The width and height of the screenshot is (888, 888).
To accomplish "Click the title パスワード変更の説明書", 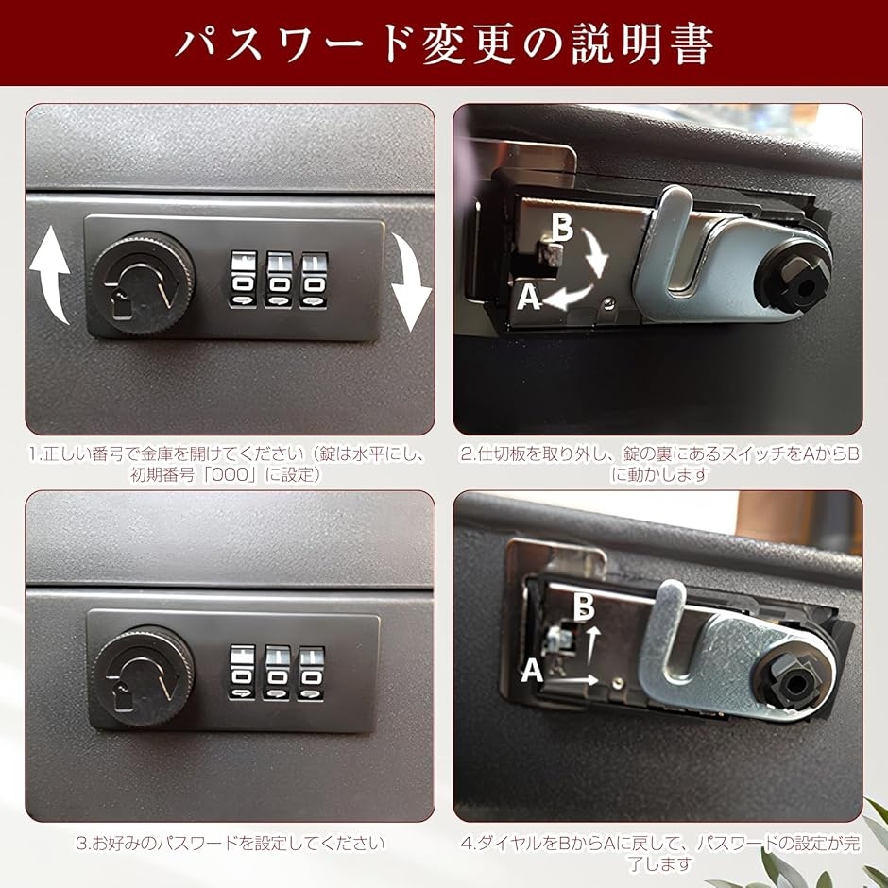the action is tap(444, 43).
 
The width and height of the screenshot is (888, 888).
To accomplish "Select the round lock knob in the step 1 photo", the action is tap(143, 283).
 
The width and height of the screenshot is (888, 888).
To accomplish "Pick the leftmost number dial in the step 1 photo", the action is tap(243, 280).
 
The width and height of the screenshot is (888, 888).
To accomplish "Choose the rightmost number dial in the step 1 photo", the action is tap(315, 280).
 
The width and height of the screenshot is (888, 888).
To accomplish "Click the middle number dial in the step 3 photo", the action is tap(277, 674).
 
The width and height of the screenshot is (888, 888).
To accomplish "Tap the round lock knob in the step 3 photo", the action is tap(144, 676).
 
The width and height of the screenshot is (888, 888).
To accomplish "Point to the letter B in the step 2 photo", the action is tap(561, 229).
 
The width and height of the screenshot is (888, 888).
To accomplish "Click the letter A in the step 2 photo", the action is tap(529, 297).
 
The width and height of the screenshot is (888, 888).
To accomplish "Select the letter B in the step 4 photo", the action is tap(583, 606).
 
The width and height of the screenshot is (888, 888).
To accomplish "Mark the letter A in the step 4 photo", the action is tap(532, 671).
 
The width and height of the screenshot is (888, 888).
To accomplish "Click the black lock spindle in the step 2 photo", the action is tap(793, 279).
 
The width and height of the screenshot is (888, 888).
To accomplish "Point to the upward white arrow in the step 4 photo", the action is tap(591, 644).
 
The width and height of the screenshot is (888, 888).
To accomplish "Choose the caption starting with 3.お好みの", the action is tap(230, 844).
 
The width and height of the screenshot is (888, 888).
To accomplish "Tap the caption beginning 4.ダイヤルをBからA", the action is tap(659, 853).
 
